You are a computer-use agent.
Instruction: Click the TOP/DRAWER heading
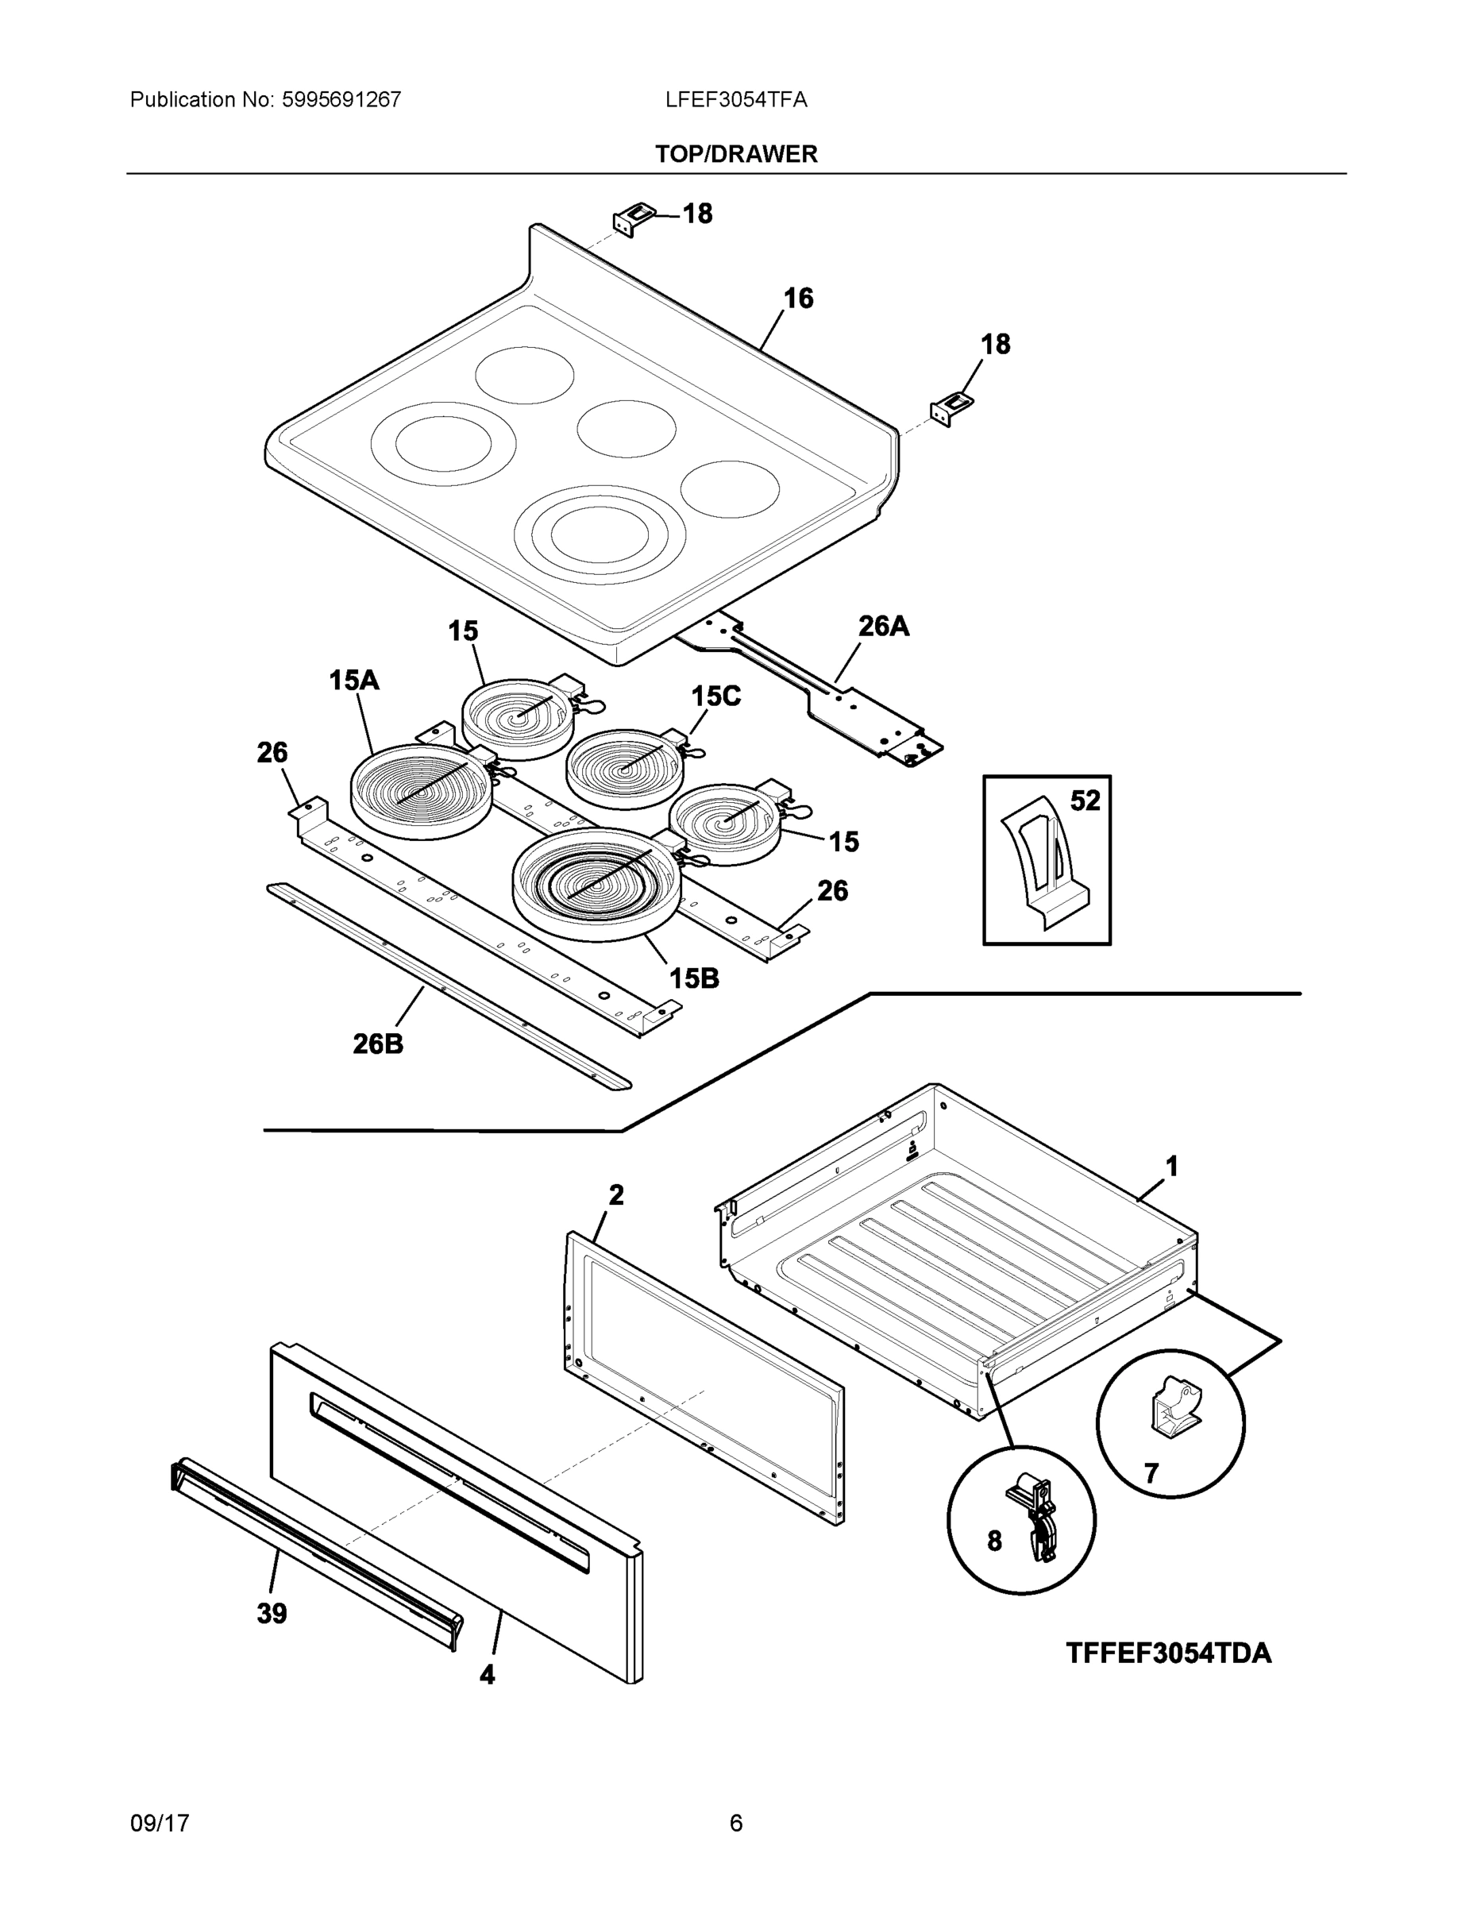tap(735, 155)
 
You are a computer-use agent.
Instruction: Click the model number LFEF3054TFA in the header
tap(735, 100)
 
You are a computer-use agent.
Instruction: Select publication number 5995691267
tap(341, 100)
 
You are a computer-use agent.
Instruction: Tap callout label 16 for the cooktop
tap(797, 299)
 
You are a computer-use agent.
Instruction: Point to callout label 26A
tap(883, 626)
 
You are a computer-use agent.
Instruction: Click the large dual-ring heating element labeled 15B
tap(595, 883)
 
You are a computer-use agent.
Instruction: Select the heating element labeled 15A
tap(421, 791)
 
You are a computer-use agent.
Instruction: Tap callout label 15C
tap(715, 696)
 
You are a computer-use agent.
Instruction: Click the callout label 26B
tap(377, 1043)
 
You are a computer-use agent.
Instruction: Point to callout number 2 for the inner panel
tap(616, 1194)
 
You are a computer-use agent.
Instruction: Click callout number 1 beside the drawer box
tap(1172, 1166)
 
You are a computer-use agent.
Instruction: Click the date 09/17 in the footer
tap(160, 1823)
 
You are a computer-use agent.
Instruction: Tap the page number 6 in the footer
tap(735, 1823)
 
